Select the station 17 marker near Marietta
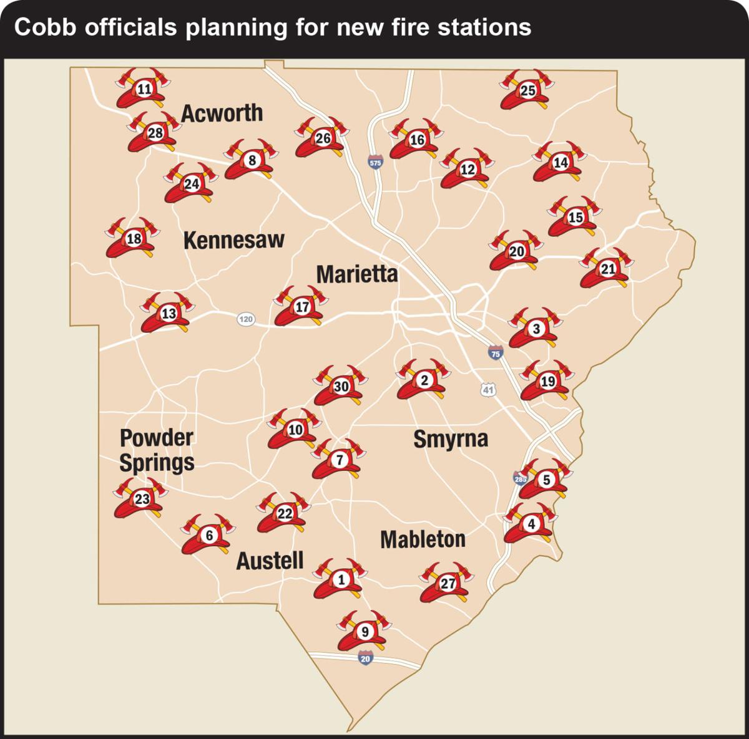(x=301, y=307)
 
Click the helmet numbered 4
(x=531, y=524)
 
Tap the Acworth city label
(x=222, y=113)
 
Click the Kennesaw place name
(x=233, y=240)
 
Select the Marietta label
(x=356, y=274)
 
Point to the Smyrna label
(x=451, y=438)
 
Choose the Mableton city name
(x=423, y=539)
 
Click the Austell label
(x=270, y=561)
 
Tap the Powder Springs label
(x=157, y=450)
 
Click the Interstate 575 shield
(x=374, y=162)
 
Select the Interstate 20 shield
(x=365, y=659)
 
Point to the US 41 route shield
(x=488, y=390)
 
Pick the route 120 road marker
(x=246, y=319)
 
